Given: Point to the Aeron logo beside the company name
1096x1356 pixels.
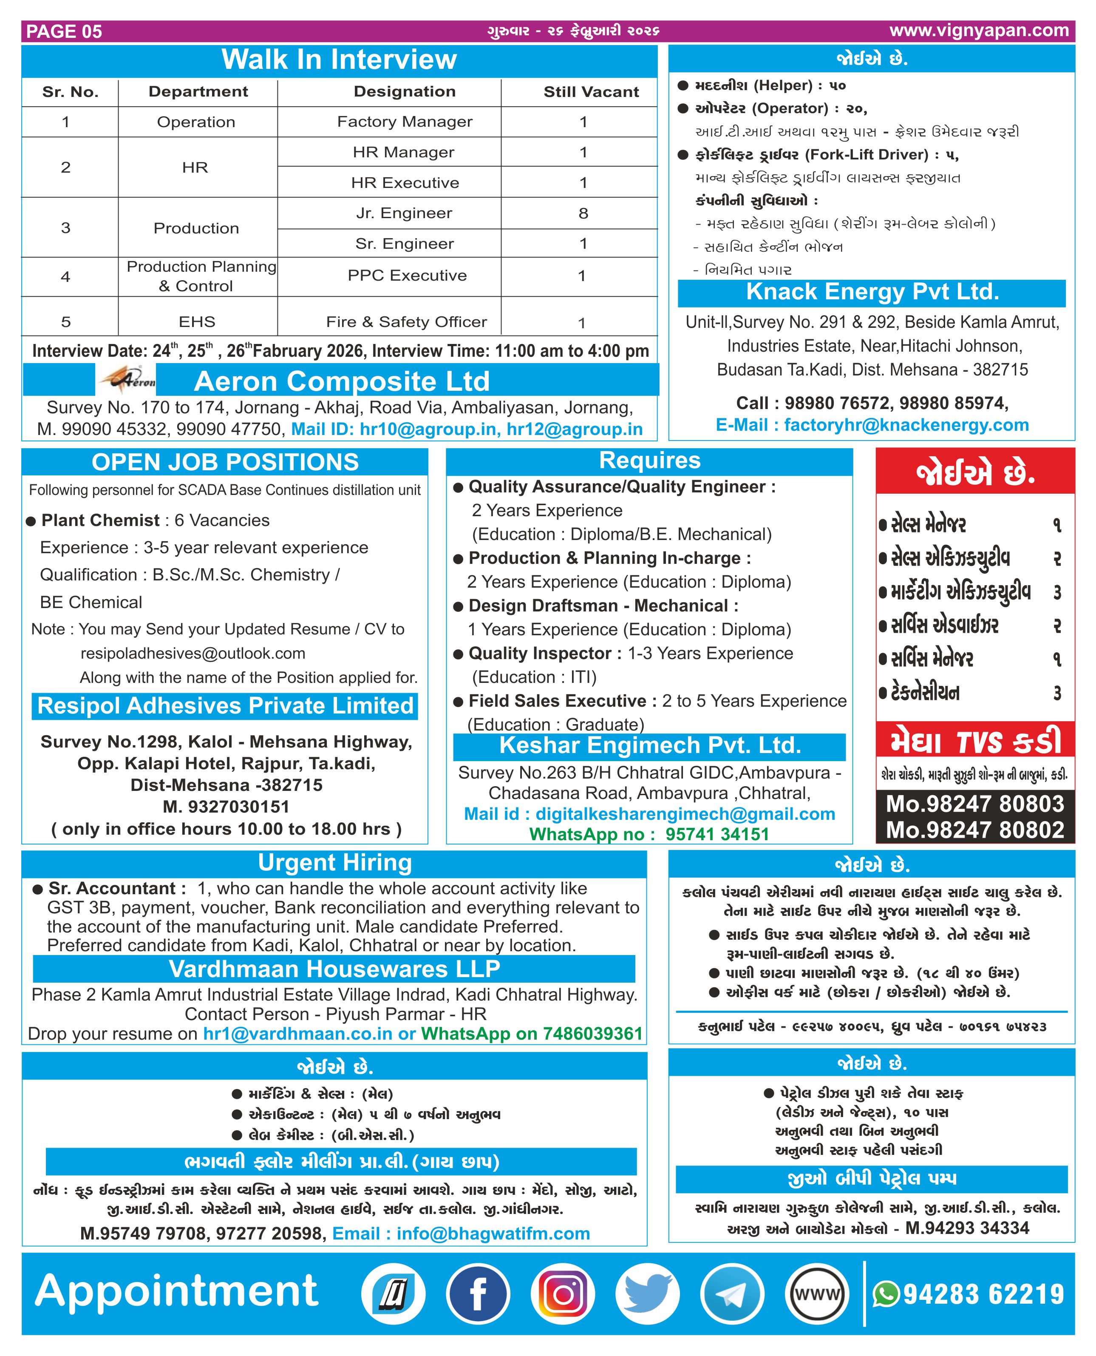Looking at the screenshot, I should [x=126, y=380].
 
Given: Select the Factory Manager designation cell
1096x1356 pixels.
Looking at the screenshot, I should [x=404, y=122].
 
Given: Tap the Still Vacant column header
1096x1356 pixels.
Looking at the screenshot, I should [x=591, y=92].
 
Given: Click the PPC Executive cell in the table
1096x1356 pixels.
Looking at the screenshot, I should [x=407, y=276].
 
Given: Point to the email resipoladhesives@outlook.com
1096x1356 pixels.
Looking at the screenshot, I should [x=193, y=653].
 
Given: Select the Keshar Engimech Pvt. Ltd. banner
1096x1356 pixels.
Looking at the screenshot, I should [x=650, y=746].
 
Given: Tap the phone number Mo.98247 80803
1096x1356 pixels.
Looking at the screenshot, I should [x=975, y=804].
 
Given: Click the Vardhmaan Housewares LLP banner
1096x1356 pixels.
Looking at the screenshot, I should [x=334, y=969].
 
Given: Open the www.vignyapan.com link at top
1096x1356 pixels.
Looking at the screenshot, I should [x=979, y=30].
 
